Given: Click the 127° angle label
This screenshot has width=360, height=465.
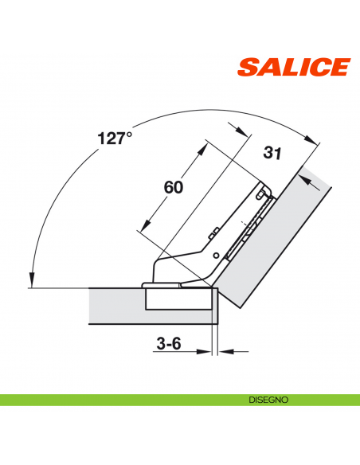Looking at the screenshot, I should tap(114, 139).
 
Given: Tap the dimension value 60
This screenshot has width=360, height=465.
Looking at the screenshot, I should tap(174, 187).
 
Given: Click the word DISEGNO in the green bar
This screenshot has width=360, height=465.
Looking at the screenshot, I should tap(267, 399).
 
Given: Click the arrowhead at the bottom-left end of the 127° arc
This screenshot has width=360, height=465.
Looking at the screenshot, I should tap(30, 280).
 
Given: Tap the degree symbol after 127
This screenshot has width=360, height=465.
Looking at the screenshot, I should tap(129, 135).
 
